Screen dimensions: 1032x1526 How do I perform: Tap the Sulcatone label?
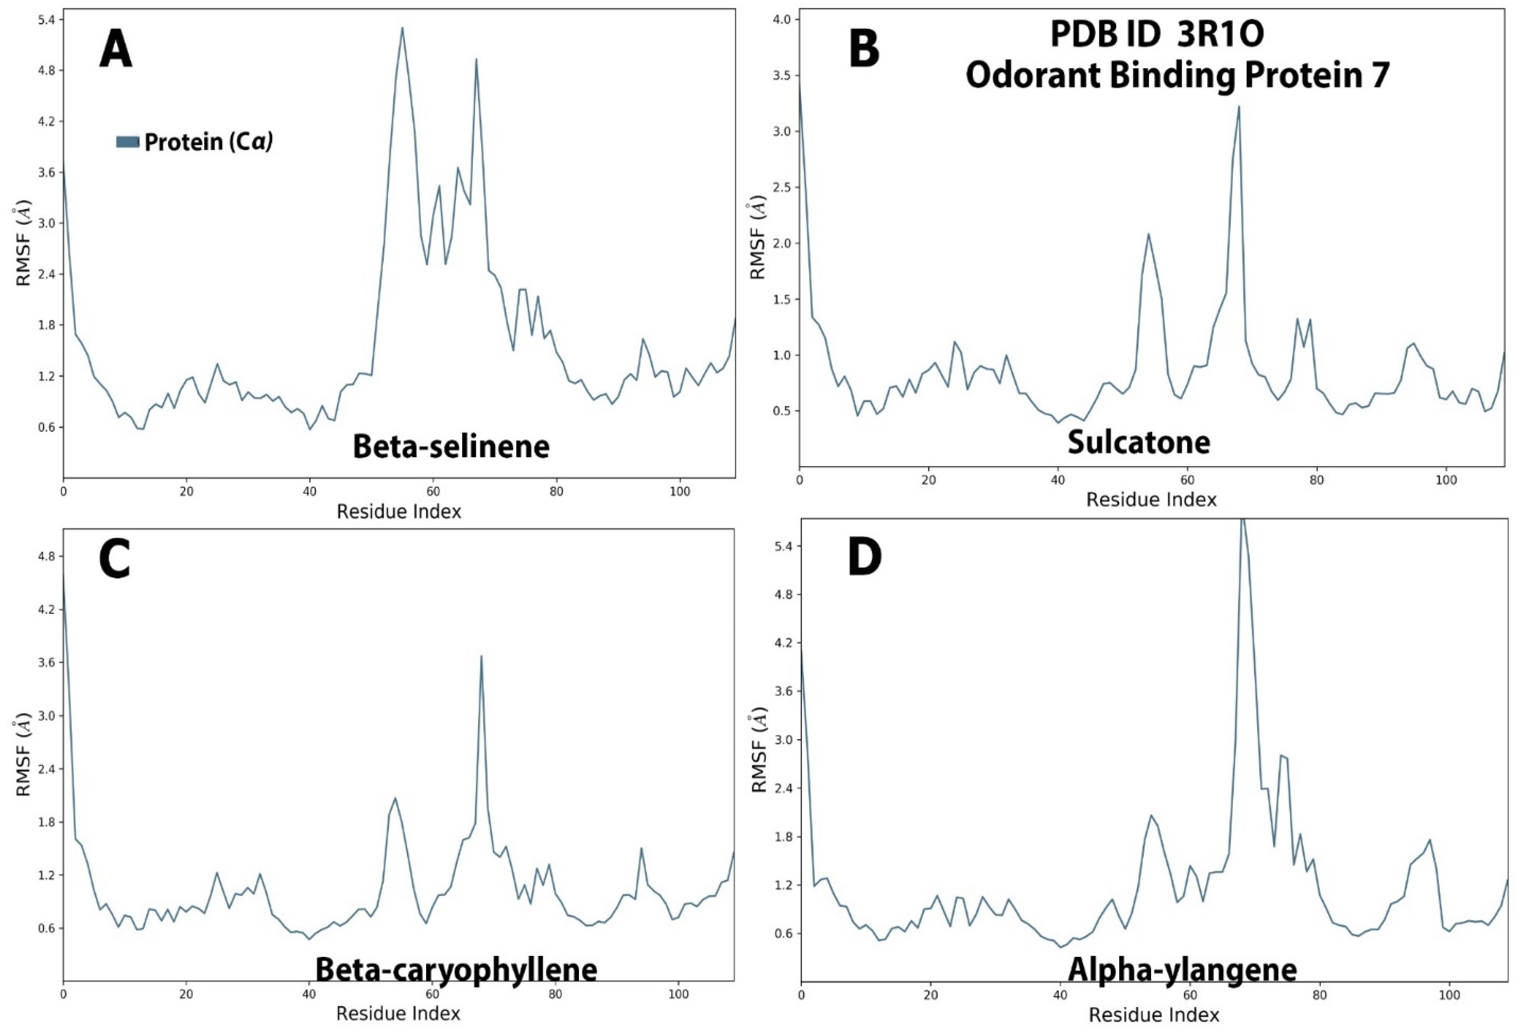click(x=1139, y=442)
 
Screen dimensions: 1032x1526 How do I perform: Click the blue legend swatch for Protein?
click(x=127, y=142)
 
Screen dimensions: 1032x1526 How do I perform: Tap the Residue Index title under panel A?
click(x=398, y=511)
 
